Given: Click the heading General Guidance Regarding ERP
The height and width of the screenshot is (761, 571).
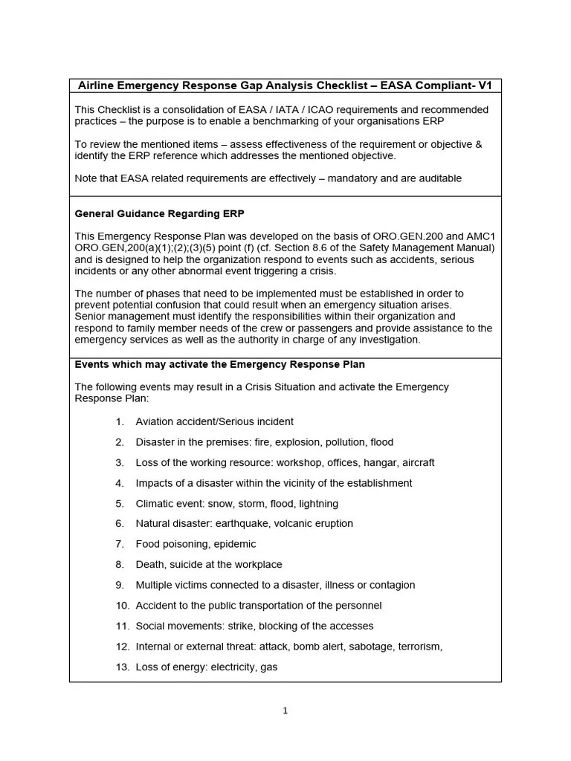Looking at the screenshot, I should pyautogui.click(x=160, y=213).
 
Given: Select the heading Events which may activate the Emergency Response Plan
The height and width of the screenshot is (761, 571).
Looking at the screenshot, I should pyautogui.click(x=220, y=365).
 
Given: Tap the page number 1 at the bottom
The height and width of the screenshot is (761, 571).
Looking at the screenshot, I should pyautogui.click(x=285, y=710).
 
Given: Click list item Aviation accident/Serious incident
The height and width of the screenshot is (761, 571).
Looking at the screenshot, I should pyautogui.click(x=214, y=421).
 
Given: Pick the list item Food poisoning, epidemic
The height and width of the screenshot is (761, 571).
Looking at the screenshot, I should pyautogui.click(x=196, y=544).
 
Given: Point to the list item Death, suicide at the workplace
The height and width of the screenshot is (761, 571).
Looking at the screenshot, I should pyautogui.click(x=209, y=565).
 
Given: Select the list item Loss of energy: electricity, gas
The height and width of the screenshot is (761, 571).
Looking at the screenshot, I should pyautogui.click(x=206, y=667).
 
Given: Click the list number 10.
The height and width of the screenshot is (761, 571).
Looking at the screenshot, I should pyautogui.click(x=123, y=606).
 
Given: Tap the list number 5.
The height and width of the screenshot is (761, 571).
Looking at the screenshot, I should pyautogui.click(x=120, y=503).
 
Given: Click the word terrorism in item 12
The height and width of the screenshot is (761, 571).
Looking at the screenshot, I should pyautogui.click(x=419, y=647).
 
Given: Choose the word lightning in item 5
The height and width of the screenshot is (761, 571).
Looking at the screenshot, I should pyautogui.click(x=318, y=503).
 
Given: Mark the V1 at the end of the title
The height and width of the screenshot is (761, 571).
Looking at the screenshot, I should pyautogui.click(x=485, y=85).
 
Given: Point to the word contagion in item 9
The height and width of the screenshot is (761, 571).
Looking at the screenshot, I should pyautogui.click(x=391, y=585).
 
